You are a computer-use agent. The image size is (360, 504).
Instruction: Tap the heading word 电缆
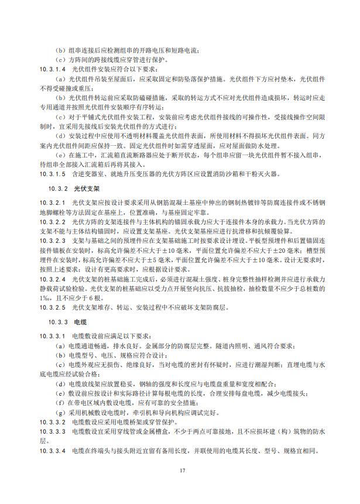pos(80,322)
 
